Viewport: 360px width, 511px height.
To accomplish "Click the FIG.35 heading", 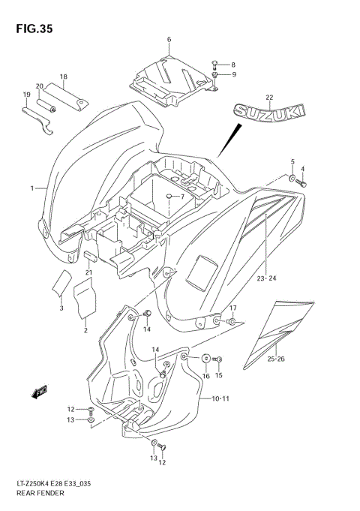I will (x=31, y=29).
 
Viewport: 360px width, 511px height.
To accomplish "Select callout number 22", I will (x=269, y=97).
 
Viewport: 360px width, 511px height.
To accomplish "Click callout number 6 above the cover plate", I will (x=169, y=39).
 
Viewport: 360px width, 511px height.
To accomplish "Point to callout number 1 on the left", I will (x=32, y=188).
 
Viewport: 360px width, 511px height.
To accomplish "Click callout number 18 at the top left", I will (x=64, y=77).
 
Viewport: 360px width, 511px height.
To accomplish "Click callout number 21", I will (x=88, y=272).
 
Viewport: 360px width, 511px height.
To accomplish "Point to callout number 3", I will (x=61, y=308).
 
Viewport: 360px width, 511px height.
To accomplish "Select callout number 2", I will (x=86, y=329).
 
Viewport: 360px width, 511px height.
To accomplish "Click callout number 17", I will (x=232, y=308).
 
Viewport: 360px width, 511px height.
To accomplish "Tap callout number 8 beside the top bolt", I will (x=233, y=65).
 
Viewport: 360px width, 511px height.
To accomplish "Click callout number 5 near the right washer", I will (x=293, y=161).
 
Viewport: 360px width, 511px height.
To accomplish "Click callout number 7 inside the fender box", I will (x=181, y=197).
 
